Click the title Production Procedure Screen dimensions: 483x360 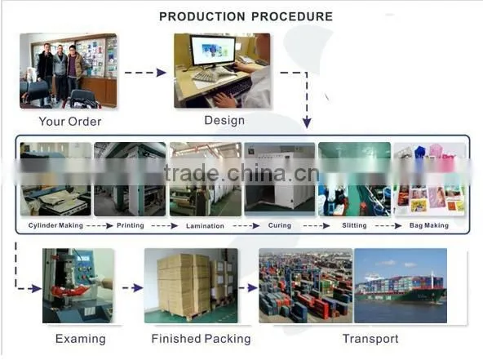246,16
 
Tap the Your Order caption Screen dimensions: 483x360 70,122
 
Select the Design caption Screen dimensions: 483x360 224,120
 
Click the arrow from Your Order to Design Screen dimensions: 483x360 145,73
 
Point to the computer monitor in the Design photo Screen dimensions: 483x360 212,51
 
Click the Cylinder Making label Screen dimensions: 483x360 55,225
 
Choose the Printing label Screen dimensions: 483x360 131,225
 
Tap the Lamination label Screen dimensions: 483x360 205,226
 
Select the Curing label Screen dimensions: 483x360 279,225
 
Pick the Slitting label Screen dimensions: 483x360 354,225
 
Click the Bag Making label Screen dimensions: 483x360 429,225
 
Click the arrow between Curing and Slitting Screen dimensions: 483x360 317,226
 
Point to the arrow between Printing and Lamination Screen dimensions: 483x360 165,226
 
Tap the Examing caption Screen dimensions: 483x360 81,339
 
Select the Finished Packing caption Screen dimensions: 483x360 201,339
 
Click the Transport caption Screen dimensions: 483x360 370,339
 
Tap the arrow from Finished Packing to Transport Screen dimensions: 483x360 248,288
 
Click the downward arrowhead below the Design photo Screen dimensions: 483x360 307,123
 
